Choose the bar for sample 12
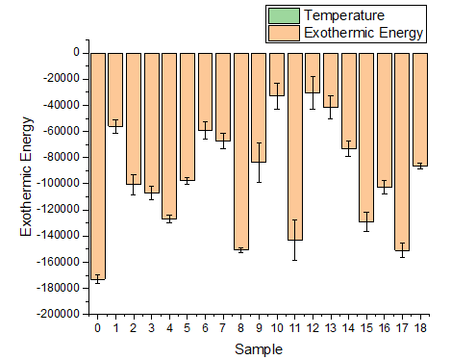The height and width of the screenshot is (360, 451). [x=313, y=72]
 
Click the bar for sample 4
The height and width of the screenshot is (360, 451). [x=169, y=135]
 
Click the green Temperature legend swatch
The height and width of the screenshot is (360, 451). [x=283, y=15]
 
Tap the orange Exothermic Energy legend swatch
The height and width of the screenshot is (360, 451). [x=283, y=33]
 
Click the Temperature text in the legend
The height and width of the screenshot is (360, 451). [x=343, y=15]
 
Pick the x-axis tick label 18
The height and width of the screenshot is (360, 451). [x=419, y=328]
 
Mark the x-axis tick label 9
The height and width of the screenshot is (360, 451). [x=259, y=328]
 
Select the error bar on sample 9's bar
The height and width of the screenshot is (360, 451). [x=259, y=162]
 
